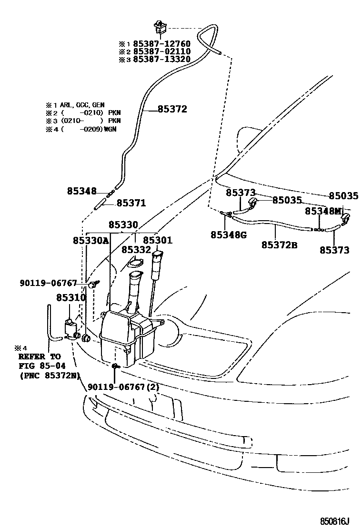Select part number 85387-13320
point(161,59)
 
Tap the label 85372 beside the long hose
point(172,109)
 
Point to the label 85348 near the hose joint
point(81,192)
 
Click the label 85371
point(131,203)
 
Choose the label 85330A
point(90,241)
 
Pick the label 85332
point(136,250)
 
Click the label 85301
point(158,241)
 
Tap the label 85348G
point(229,234)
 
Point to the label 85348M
point(323,211)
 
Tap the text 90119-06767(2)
point(123,387)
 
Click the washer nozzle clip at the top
point(159,28)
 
